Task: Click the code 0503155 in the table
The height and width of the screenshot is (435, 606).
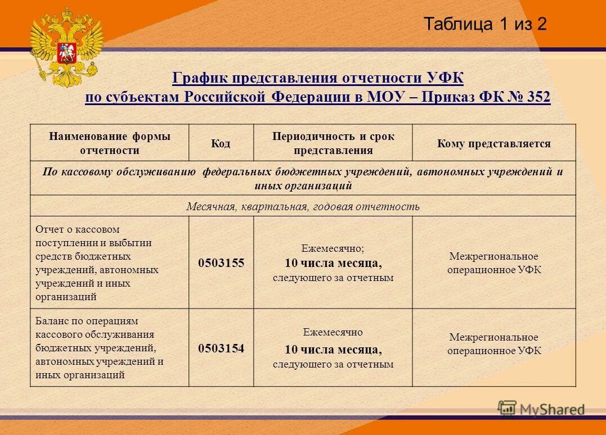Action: click(221, 262)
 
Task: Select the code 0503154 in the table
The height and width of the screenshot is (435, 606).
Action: click(221, 348)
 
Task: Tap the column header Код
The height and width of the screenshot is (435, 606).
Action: click(221, 143)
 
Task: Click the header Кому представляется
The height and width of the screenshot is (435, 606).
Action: click(493, 143)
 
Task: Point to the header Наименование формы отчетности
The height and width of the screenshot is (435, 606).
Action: click(110, 143)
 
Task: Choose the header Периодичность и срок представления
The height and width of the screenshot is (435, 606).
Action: click(333, 143)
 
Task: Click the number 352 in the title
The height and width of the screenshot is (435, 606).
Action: click(538, 97)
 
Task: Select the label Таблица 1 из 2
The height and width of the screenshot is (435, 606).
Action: click(485, 24)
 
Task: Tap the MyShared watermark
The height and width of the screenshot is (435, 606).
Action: click(541, 409)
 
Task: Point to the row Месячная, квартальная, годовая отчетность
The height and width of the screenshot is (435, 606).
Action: click(303, 206)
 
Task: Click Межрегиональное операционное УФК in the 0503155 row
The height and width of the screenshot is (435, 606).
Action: click(493, 263)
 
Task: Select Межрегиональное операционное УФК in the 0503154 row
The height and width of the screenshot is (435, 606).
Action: click(493, 344)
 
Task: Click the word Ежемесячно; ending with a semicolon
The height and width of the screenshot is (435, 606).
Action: click(333, 248)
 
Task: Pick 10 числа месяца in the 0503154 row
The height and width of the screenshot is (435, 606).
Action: click(333, 350)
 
